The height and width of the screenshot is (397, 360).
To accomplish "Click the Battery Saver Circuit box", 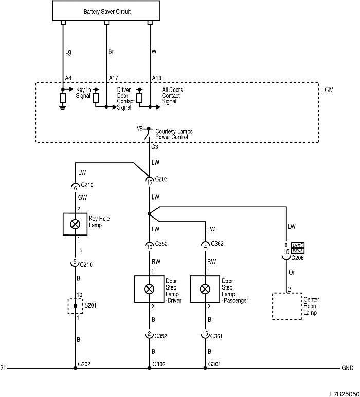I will [x=106, y=11].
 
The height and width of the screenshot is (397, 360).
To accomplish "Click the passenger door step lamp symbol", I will [x=205, y=288].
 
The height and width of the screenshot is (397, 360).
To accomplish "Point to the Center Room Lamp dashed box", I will [x=287, y=306].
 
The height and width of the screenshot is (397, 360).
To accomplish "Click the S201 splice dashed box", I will [x=76, y=306].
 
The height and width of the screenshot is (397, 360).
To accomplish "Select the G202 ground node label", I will [x=84, y=364].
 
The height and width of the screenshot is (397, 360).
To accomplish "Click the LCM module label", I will [x=327, y=90].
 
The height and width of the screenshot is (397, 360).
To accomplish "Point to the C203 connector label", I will [x=160, y=179].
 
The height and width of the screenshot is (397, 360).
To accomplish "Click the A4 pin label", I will [x=68, y=78].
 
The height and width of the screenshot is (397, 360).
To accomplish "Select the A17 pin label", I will [x=113, y=78].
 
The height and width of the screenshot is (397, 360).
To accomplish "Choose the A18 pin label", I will [x=156, y=78].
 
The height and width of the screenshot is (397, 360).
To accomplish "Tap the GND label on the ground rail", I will [x=347, y=368].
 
